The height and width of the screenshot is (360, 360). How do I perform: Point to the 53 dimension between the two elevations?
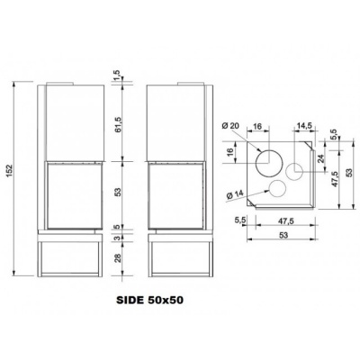[x=117, y=191]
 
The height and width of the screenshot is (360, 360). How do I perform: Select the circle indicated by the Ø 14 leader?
[x=278, y=188]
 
